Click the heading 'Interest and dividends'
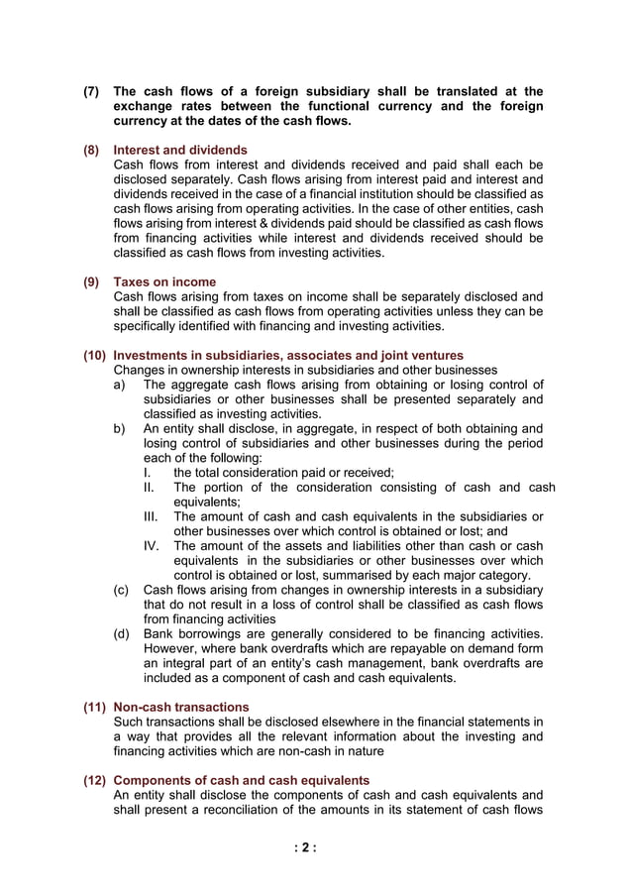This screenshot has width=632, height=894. (180, 150)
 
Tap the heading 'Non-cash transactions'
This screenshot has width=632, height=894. (181, 707)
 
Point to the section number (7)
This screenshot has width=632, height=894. (91, 91)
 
